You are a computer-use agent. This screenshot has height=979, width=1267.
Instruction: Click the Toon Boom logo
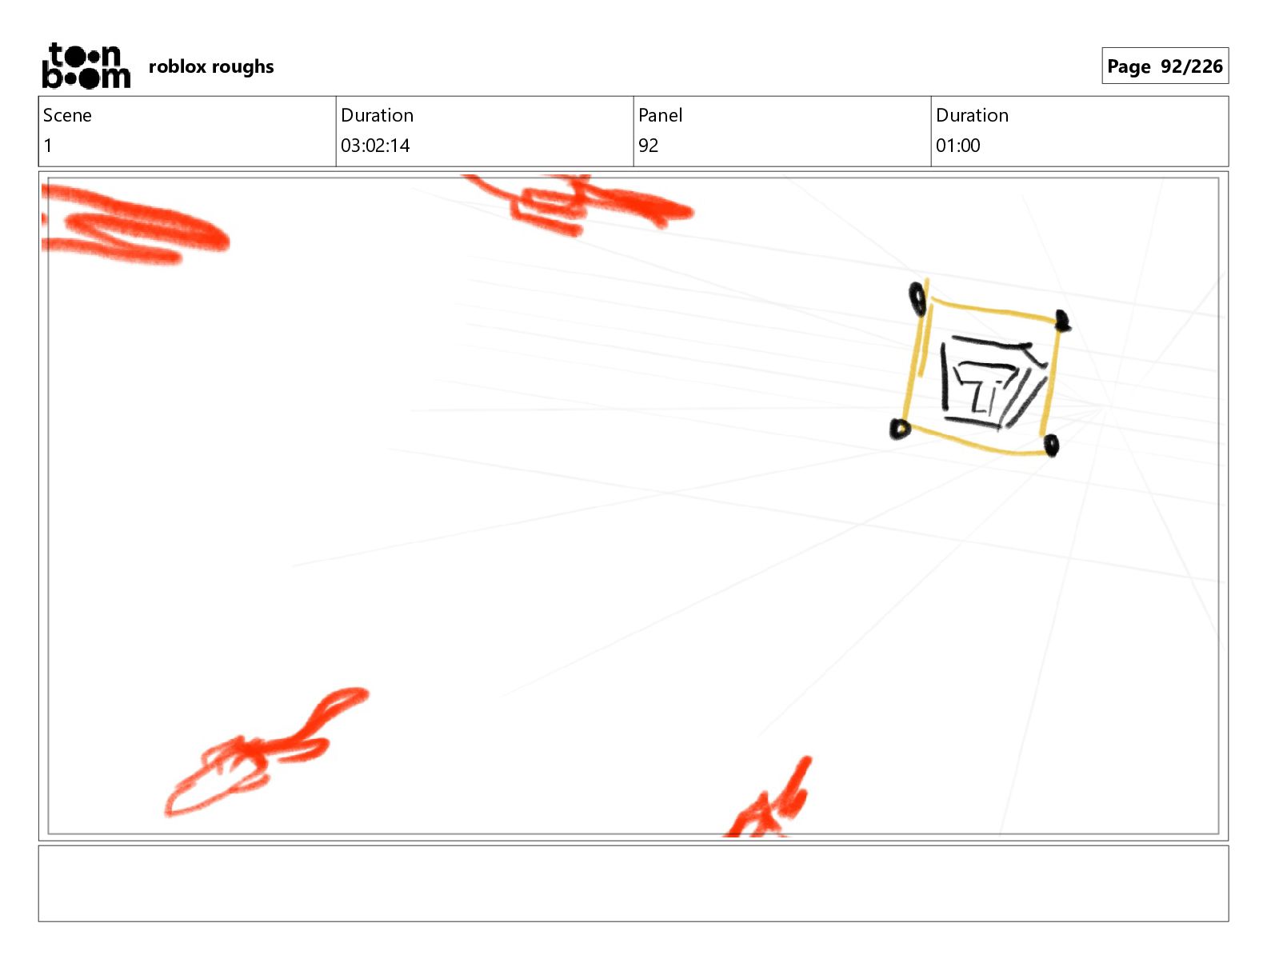pos(86,66)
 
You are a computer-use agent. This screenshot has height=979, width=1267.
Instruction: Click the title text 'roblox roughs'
pos(211,66)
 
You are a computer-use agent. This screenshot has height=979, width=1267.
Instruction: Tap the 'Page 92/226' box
pos(1165,66)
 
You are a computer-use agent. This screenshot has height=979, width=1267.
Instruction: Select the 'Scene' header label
pos(67,115)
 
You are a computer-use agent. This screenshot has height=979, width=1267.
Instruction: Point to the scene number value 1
pos(48,146)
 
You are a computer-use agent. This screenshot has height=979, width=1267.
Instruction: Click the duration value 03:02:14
pos(375,146)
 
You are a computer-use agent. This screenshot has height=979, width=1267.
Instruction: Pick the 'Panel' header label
pos(660,115)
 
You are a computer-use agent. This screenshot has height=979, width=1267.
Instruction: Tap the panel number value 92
pos(648,146)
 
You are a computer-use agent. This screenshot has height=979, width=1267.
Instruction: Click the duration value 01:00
pos(957,146)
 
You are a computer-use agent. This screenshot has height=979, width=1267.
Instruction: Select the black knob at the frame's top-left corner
pos(917,299)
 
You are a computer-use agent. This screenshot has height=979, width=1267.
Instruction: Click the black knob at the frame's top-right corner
pos(1062,321)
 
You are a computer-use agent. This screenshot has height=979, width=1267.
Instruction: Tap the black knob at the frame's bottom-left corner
pos(900,429)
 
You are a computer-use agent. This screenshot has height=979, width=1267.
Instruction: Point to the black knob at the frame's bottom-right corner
pos(1051,446)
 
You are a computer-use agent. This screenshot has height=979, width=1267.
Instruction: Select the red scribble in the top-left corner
pos(135,225)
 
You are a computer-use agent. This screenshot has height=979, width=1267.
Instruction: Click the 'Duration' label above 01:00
pos(972,115)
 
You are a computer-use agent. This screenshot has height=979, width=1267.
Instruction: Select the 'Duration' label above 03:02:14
pos(378,115)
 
